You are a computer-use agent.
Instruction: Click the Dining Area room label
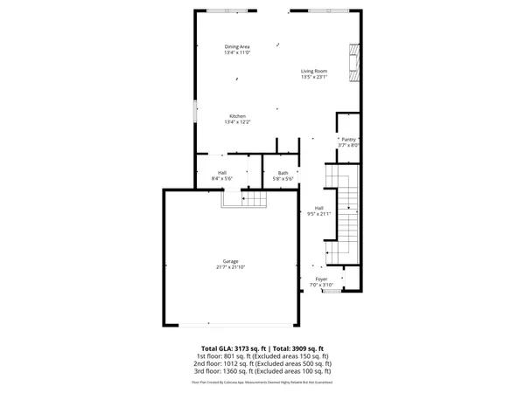coord(237,46)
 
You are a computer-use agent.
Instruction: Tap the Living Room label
coord(314,71)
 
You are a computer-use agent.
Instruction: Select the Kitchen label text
coord(237,116)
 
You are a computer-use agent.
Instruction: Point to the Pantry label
coord(348,139)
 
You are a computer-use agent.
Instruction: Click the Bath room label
coord(283,173)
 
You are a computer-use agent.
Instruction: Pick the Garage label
coord(230,261)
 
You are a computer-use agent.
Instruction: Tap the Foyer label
coord(321,279)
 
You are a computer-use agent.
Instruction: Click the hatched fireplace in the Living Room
coord(353,63)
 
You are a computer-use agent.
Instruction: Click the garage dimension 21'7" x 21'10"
coord(230,267)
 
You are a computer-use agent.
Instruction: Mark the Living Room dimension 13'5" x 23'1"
coord(314,77)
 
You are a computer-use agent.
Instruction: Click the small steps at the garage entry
coord(244,200)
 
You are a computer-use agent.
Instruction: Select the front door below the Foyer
coord(331,292)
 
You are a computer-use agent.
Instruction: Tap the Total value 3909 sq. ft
coord(297,348)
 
